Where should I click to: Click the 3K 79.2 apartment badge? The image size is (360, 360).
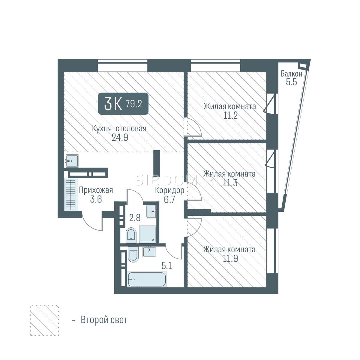pyautogui.click(x=123, y=103)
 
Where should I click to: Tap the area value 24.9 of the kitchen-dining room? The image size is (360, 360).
pyautogui.click(x=120, y=138)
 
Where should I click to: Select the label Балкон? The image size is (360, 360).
pyautogui.click(x=291, y=74)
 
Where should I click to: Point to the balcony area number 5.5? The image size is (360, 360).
pyautogui.click(x=291, y=82)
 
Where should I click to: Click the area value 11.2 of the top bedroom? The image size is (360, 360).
pyautogui.click(x=230, y=115)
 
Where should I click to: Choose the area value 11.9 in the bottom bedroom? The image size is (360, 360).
pyautogui.click(x=230, y=259)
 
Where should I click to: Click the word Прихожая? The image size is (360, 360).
pyautogui.click(x=96, y=190)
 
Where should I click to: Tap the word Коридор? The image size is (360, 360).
pyautogui.click(x=169, y=190)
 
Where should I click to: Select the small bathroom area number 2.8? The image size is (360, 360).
pyautogui.click(x=135, y=218)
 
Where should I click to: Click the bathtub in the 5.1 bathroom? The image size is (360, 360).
pyautogui.click(x=147, y=279)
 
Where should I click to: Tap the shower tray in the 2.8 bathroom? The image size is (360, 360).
pyautogui.click(x=147, y=235)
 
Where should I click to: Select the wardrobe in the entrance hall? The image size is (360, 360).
pyautogui.click(x=71, y=194)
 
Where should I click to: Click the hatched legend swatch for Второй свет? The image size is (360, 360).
pyautogui.click(x=44, y=320)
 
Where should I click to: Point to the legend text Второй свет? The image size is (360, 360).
pyautogui.click(x=104, y=320)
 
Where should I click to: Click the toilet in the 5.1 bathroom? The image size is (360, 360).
pyautogui.click(x=133, y=254)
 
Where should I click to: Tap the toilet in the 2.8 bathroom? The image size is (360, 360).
pyautogui.click(x=131, y=235)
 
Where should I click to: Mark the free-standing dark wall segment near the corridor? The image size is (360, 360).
pyautogui.click(x=157, y=163)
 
